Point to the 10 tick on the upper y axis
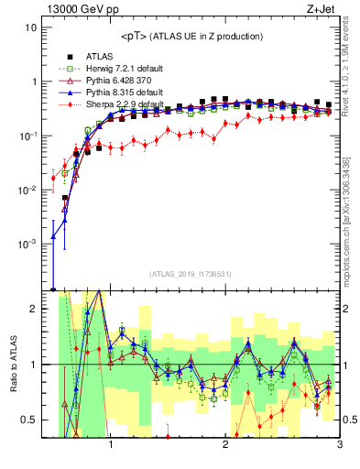[31, 27]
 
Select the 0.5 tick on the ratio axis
[29, 420]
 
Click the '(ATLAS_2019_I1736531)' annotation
[191, 274]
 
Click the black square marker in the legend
[62, 55]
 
